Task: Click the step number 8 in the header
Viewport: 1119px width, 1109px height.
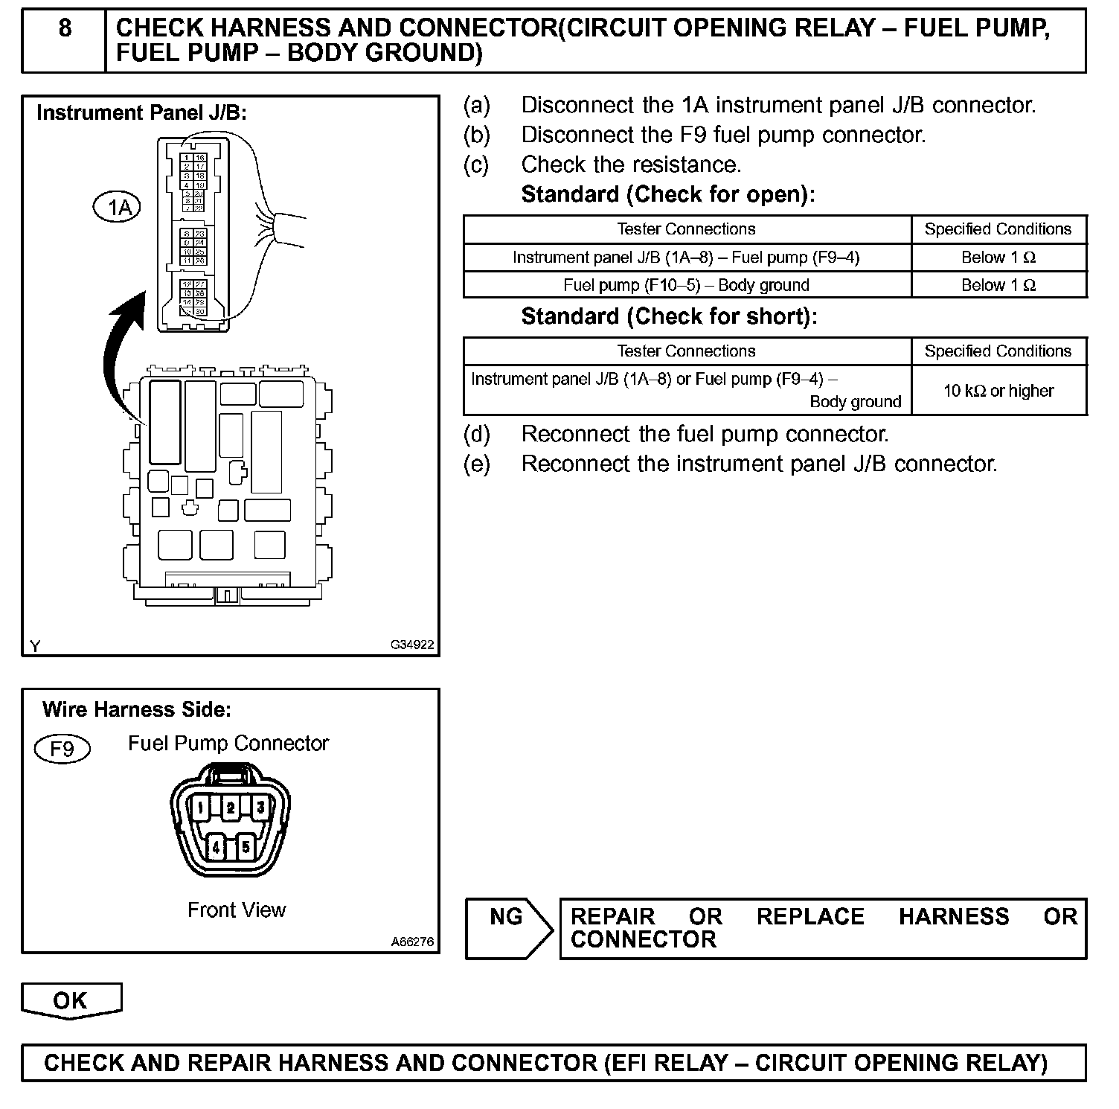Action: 65,28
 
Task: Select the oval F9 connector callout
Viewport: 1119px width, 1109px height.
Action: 62,748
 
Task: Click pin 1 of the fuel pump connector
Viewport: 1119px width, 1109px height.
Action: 202,808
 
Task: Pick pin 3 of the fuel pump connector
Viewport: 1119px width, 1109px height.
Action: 260,807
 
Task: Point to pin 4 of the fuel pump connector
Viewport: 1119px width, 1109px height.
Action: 216,846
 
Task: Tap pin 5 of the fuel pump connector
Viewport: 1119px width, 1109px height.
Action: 246,846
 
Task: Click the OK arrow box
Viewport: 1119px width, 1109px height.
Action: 71,1000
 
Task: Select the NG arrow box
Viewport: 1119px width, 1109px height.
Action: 508,927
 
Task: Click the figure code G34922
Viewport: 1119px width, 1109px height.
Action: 412,645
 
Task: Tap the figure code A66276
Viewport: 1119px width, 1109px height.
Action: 412,942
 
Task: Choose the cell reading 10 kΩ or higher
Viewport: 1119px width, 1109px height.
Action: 998,391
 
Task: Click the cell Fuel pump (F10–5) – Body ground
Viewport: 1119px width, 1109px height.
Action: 686,285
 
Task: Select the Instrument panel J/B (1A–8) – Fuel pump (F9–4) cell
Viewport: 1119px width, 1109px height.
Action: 686,258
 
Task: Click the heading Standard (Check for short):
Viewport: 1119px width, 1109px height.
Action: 669,316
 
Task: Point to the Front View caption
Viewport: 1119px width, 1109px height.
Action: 237,910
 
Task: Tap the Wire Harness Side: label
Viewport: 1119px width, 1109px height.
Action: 137,709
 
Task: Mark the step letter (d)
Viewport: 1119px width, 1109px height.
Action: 477,434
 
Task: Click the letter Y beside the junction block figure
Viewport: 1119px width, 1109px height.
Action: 35,646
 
